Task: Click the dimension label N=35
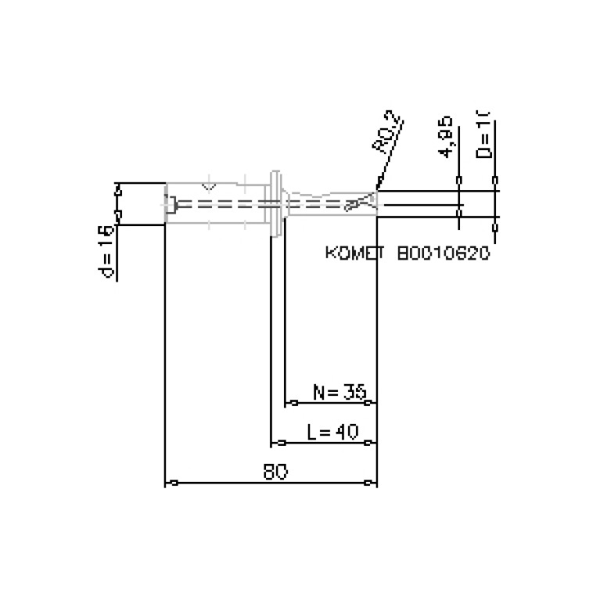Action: point(340,392)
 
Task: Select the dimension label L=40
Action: point(332,432)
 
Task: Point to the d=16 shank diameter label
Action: point(107,253)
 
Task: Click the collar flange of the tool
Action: point(275,203)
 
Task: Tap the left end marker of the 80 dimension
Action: point(174,483)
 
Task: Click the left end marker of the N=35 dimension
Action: point(293,403)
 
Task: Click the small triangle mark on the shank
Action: point(208,186)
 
